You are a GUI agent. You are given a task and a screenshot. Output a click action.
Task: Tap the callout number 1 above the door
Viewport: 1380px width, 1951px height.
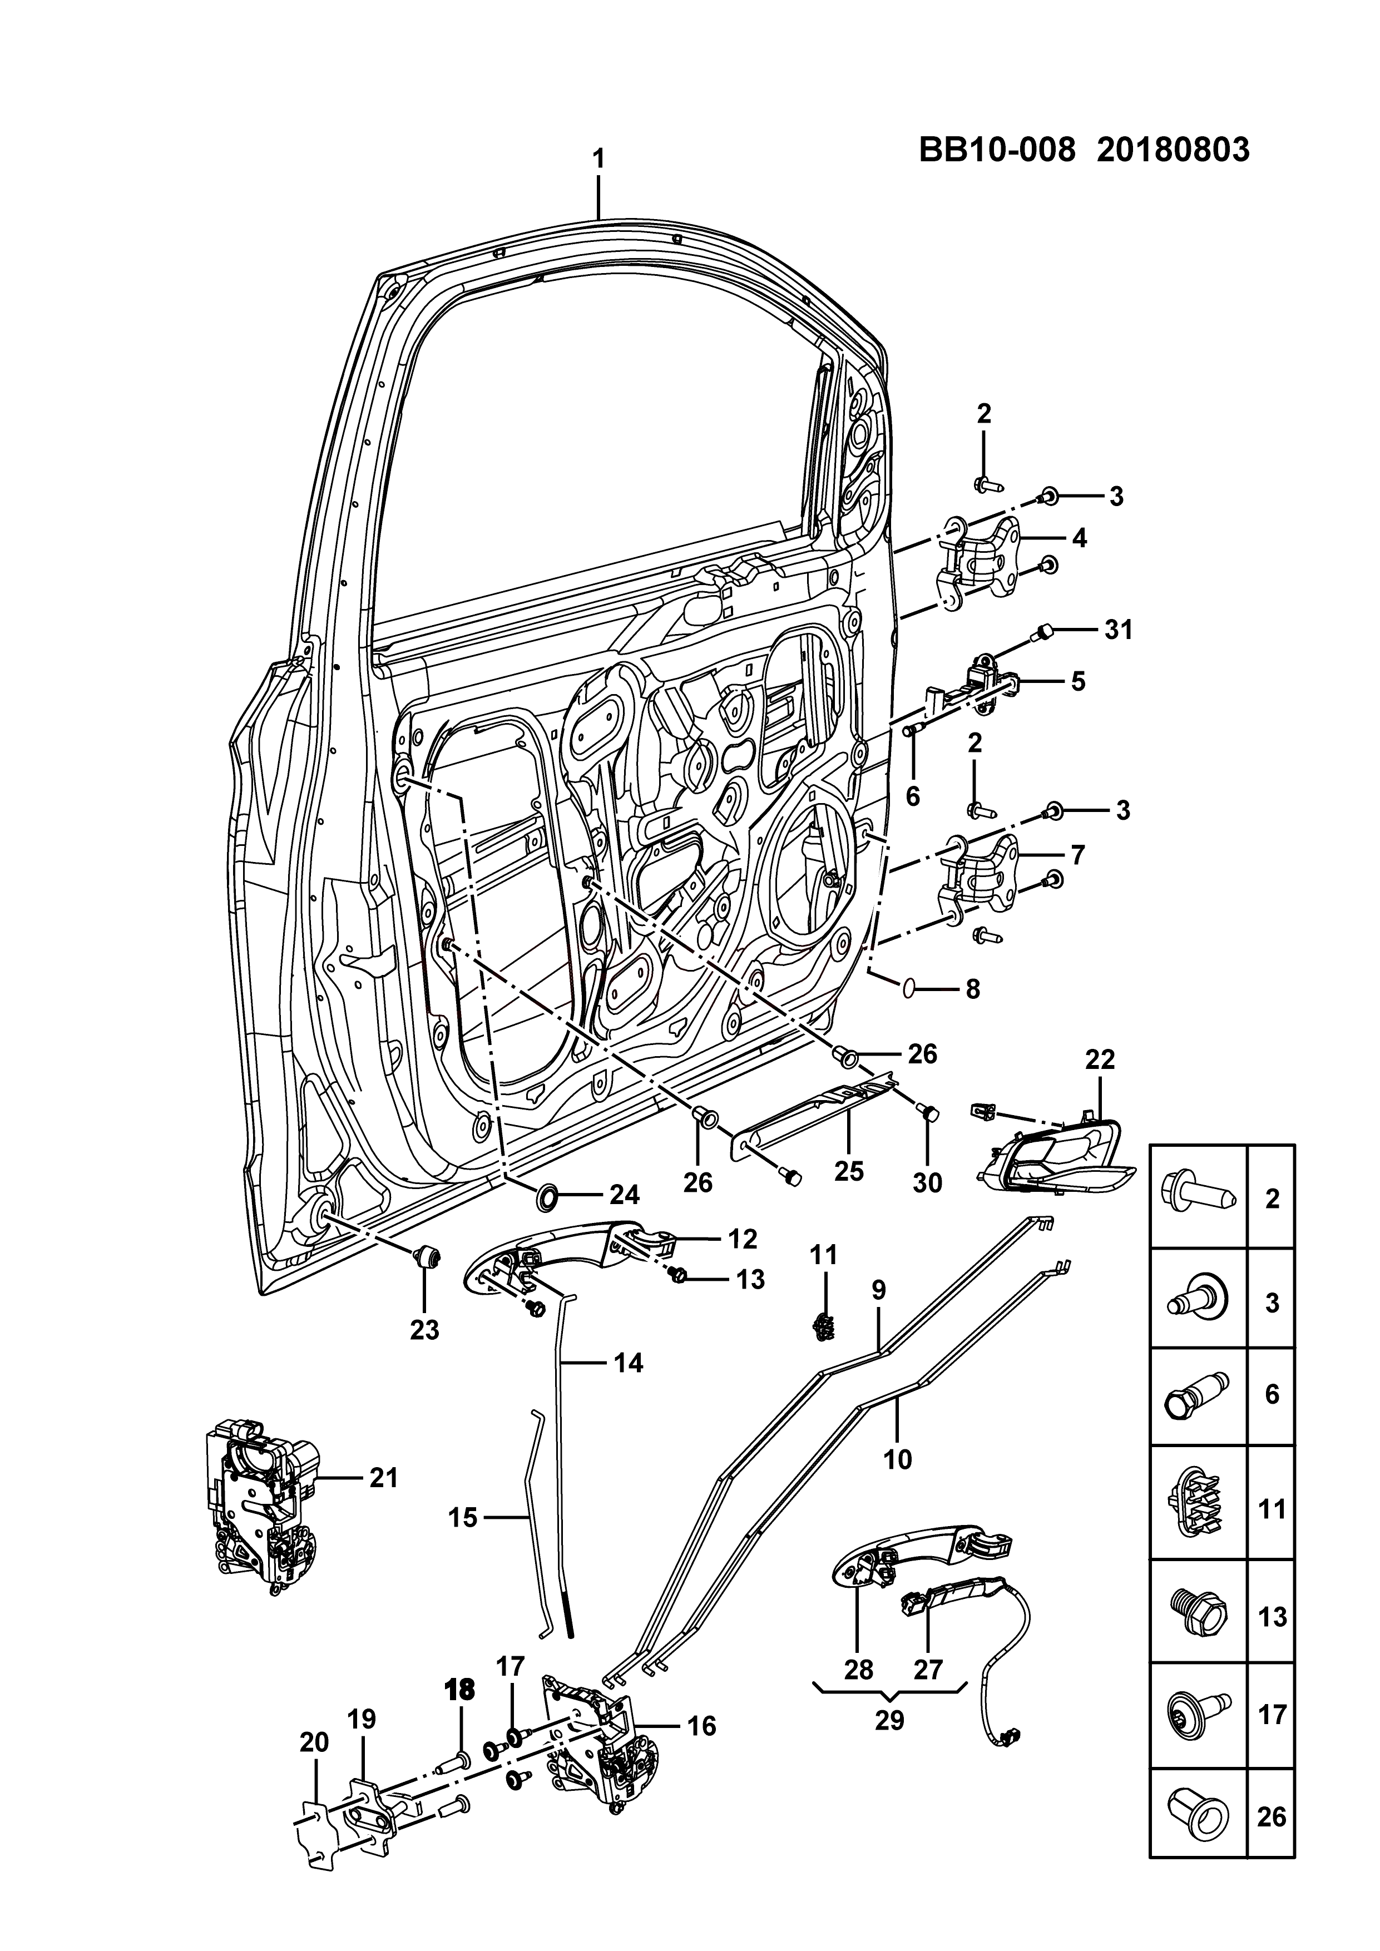(x=599, y=159)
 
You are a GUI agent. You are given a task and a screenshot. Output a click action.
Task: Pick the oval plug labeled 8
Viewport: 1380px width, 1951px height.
(x=908, y=987)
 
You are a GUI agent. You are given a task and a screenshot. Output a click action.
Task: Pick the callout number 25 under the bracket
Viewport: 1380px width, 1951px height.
(x=849, y=1172)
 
